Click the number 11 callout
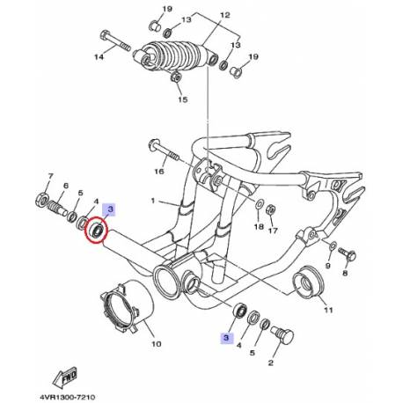pyautogui.click(x=328, y=311)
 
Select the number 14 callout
pyautogui.click(x=99, y=57)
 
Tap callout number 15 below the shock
pyautogui.click(x=183, y=99)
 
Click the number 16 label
pyautogui.click(x=159, y=172)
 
